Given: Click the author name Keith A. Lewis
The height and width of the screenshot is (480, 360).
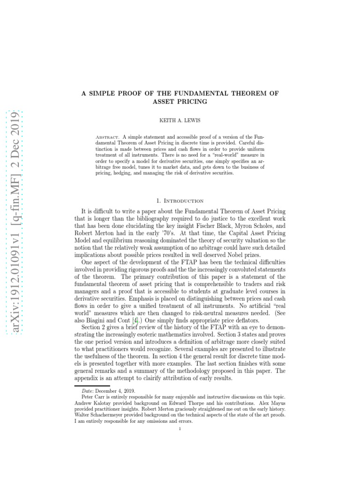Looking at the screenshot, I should pos(180,120).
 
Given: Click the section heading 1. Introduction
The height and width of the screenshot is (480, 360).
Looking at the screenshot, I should pos(180,201).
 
